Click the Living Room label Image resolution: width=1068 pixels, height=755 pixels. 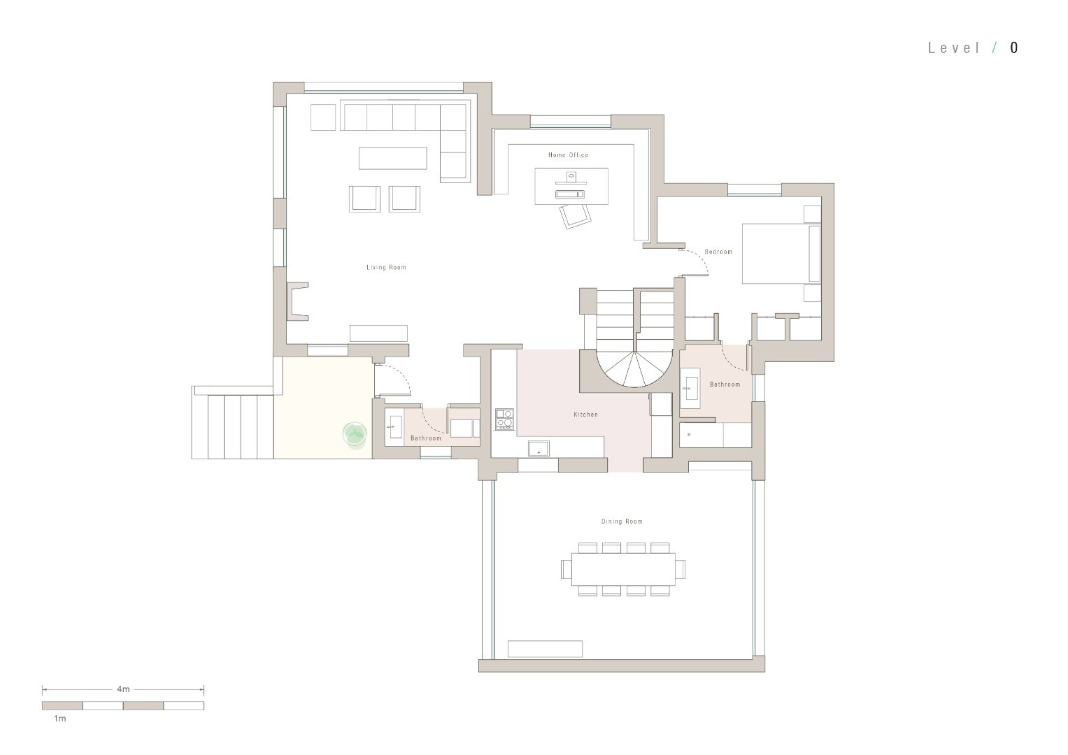[386, 267]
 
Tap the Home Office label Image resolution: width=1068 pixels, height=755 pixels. [569, 155]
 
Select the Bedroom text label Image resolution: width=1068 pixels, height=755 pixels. [718, 252]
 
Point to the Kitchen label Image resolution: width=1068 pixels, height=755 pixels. [585, 415]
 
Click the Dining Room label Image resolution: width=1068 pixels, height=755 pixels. [622, 522]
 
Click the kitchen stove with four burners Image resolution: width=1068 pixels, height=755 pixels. [504, 419]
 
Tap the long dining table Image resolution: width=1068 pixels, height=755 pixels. [623, 569]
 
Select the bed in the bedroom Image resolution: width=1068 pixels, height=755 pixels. [781, 254]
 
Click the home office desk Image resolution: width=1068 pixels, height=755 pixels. [571, 186]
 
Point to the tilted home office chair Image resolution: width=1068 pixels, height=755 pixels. [575, 217]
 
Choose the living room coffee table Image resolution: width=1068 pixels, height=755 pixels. [393, 158]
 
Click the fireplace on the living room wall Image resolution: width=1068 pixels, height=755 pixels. [297, 301]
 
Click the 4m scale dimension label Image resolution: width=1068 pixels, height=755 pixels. [123, 689]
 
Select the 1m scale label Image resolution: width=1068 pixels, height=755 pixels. [59, 719]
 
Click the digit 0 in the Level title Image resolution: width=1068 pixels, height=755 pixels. [1014, 48]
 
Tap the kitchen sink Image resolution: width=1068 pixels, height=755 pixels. [539, 449]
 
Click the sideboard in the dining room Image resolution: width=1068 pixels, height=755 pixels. [545, 649]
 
